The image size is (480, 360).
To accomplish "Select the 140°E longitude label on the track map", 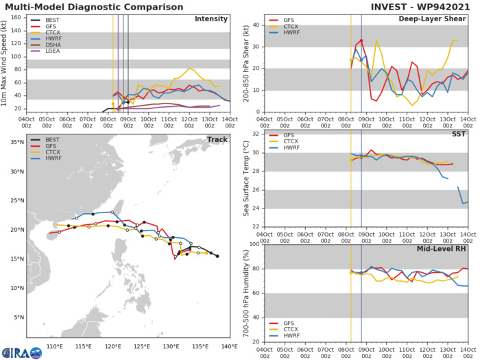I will click(x=230, y=345).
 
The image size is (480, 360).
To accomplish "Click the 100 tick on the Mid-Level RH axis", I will click(x=253, y=244).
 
